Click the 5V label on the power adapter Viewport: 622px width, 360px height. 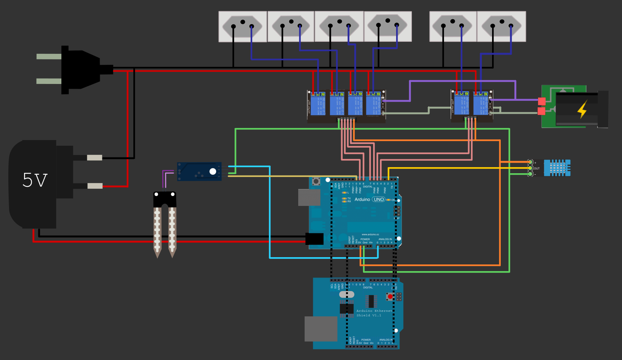point(35,180)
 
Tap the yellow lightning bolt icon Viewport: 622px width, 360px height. point(582,109)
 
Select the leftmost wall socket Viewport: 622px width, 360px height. point(242,26)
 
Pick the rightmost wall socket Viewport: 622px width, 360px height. point(501,26)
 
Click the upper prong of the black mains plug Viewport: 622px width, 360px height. point(49,56)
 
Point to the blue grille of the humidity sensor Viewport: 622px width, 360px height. point(557,168)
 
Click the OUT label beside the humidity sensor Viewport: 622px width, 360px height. point(537,168)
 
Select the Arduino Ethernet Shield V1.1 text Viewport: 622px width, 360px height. point(374,313)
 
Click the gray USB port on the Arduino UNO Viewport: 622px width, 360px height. point(309,197)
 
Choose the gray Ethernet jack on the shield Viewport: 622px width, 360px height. point(321,329)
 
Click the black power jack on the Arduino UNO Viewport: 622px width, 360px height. point(314,239)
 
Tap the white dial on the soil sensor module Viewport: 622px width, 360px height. point(213,171)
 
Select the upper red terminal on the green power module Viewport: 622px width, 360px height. point(541,101)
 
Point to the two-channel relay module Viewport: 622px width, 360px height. point(472,106)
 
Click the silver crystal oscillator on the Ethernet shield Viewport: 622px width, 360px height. point(347,294)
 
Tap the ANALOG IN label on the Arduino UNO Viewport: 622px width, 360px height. point(385,239)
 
